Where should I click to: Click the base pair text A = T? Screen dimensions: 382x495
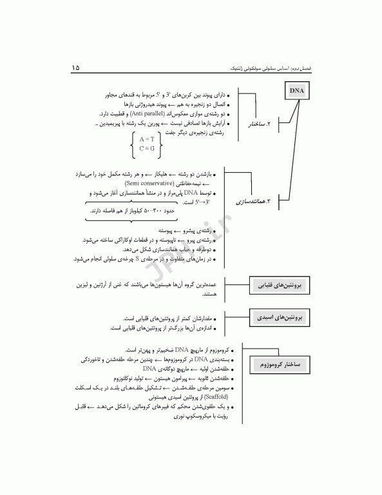click(146, 139)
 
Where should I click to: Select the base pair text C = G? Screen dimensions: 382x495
click(146, 149)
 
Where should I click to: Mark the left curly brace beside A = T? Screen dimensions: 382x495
click(133, 144)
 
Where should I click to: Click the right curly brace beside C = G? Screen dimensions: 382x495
click(160, 144)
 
